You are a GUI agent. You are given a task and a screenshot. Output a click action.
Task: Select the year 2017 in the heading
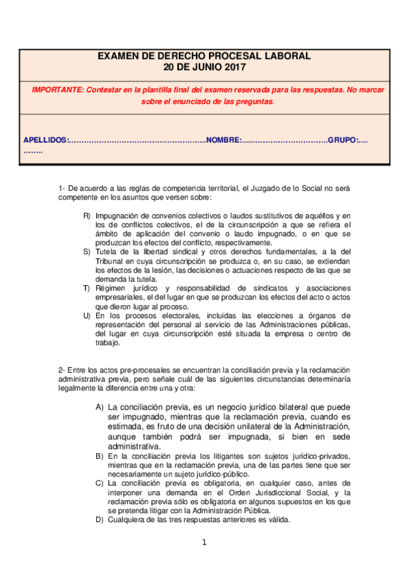pyautogui.click(x=232, y=67)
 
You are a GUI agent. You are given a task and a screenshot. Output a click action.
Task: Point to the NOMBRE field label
pyautogui.click(x=223, y=140)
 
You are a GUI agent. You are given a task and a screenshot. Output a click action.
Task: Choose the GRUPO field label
pyautogui.click(x=343, y=140)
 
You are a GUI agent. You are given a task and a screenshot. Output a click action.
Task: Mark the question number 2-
pyautogui.click(x=61, y=369)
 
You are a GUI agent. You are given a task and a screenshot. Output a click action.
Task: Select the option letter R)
pyautogui.click(x=87, y=216)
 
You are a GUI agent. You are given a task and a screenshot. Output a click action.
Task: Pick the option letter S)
pyautogui.click(x=87, y=252)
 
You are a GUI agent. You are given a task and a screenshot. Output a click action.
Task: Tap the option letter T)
pyautogui.click(x=87, y=289)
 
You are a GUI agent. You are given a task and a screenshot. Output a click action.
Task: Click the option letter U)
pyautogui.click(x=87, y=315)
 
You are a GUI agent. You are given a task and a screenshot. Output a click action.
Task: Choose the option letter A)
pyautogui.click(x=100, y=407)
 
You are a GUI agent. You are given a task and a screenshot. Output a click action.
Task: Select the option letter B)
pyautogui.click(x=100, y=456)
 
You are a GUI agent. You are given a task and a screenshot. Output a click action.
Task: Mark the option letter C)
pyautogui.click(x=100, y=483)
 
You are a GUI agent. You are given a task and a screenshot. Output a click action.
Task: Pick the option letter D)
pyautogui.click(x=100, y=519)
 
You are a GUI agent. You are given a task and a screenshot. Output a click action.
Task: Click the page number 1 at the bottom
pyautogui.click(x=203, y=543)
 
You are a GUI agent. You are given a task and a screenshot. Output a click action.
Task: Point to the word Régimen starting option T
pyautogui.click(x=111, y=289)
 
